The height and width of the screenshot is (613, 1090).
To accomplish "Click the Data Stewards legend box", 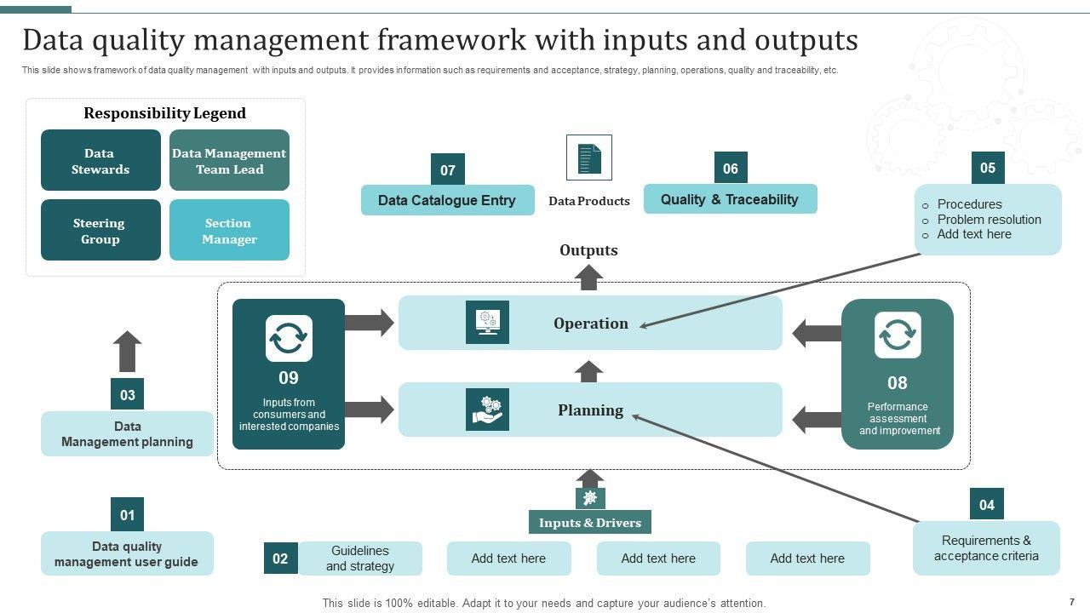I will (x=100, y=160).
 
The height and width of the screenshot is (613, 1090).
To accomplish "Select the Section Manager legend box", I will (x=229, y=230).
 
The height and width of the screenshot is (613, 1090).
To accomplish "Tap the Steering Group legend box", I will (x=100, y=230).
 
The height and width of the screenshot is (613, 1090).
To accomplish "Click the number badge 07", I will (x=448, y=169).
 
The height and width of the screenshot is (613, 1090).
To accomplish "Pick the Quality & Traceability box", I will (x=730, y=199).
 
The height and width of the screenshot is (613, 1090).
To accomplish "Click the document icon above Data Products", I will (x=588, y=158).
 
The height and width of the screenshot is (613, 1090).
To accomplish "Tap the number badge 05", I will (x=988, y=168).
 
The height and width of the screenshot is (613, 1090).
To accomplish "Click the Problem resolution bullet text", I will (x=989, y=220).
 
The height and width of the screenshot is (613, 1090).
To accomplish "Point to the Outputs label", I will (x=588, y=250).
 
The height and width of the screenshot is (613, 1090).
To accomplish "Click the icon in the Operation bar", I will (x=487, y=323).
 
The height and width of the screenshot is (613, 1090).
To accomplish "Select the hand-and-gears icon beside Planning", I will (x=487, y=410).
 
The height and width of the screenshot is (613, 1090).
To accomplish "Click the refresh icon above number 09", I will (x=289, y=339).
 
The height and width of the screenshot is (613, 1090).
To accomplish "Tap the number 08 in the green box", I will (x=898, y=383).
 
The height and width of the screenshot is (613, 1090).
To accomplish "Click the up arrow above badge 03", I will (x=128, y=351).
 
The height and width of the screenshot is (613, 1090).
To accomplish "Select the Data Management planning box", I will (x=127, y=434).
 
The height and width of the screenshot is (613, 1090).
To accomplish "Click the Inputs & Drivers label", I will (x=589, y=523).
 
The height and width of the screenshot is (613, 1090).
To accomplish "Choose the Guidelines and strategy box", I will (x=360, y=559).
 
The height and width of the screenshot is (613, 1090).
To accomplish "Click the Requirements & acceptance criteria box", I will (x=986, y=548).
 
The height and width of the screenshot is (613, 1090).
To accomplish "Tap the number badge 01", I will (x=127, y=514).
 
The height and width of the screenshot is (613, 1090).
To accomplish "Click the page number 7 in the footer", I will (x=1071, y=602).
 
